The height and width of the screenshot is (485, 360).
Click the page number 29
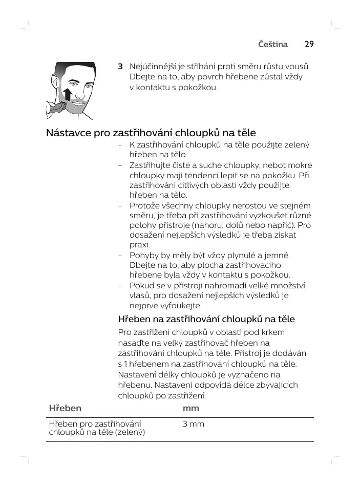[x=309, y=44]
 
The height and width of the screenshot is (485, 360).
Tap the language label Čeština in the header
[x=273, y=44]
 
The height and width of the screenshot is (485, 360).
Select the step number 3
[x=120, y=67]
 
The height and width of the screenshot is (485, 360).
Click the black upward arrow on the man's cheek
[x=67, y=95]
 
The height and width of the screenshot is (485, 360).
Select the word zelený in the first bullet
[x=297, y=145]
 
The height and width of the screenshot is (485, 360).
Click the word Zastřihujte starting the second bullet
[x=153, y=165]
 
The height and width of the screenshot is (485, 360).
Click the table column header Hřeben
[x=65, y=408]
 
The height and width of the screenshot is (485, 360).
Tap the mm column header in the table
[x=191, y=408]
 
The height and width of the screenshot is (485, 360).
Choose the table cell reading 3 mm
[x=194, y=424]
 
